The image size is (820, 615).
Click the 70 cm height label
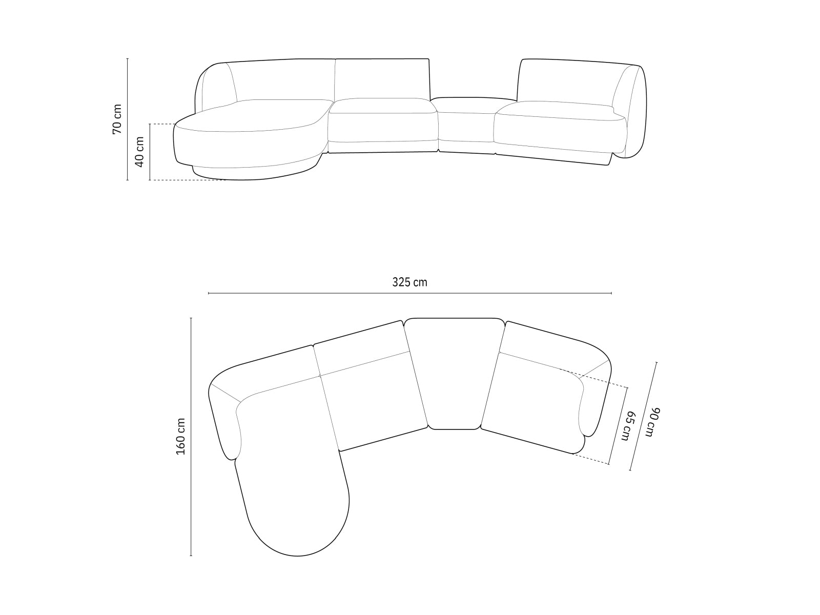tap(117, 119)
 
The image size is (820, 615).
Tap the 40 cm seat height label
tap(139, 152)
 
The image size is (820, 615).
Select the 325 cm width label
tap(409, 282)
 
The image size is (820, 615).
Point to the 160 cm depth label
tap(181, 436)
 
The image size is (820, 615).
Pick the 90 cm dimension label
tap(653, 422)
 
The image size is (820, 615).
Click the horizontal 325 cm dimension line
tap(410, 293)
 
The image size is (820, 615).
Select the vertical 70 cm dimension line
tap(128, 119)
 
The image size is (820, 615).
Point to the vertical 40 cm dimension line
tap(150, 152)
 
